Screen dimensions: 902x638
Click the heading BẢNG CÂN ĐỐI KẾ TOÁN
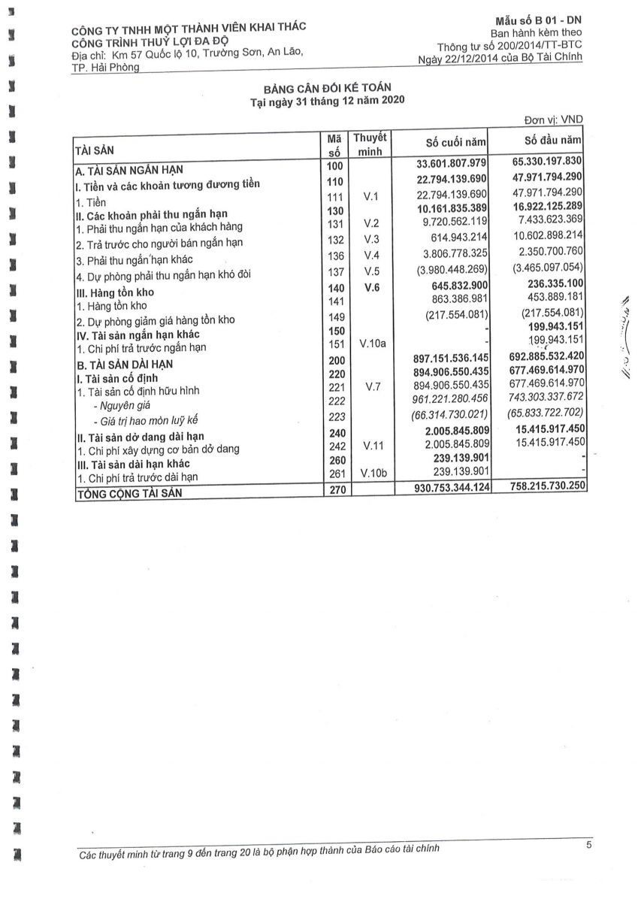point(327,89)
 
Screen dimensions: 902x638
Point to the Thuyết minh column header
point(370,144)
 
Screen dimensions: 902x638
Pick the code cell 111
point(335,196)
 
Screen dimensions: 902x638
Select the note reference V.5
point(370,271)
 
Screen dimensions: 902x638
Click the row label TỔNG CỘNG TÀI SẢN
point(129,493)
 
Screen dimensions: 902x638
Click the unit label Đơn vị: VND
point(553,120)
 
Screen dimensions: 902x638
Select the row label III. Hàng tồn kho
point(111,292)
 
